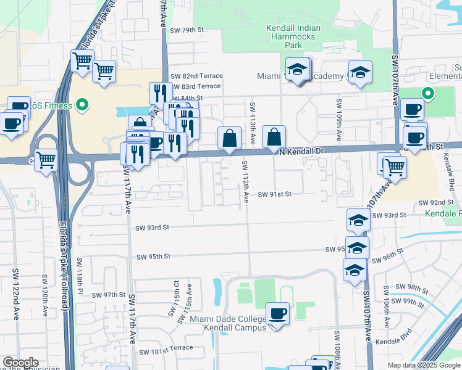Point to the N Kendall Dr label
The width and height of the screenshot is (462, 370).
[x=301, y=150]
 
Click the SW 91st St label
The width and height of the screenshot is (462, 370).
[x=274, y=194]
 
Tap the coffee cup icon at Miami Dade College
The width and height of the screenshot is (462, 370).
[x=277, y=313]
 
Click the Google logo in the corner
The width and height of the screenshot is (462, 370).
[x=20, y=363]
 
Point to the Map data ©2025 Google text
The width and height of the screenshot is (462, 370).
[x=424, y=365]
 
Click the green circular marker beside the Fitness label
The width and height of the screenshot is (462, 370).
[x=82, y=105]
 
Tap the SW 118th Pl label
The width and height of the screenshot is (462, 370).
[x=80, y=274]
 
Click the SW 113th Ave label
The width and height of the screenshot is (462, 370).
[x=253, y=123]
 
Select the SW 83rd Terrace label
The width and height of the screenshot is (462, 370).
[x=195, y=86]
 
